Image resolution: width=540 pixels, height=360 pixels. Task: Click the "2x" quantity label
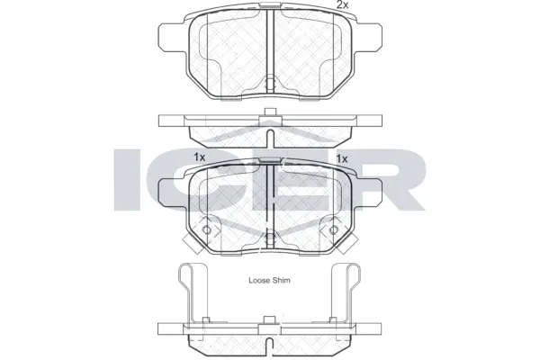[x=342, y=6]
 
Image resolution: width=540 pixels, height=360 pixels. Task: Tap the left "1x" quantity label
[x=200, y=157]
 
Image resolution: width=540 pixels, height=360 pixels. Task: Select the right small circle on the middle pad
[x=334, y=229]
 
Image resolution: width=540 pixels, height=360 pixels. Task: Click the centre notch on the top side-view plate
[x=270, y=114]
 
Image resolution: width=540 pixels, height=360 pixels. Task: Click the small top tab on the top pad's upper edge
[x=270, y=11]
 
